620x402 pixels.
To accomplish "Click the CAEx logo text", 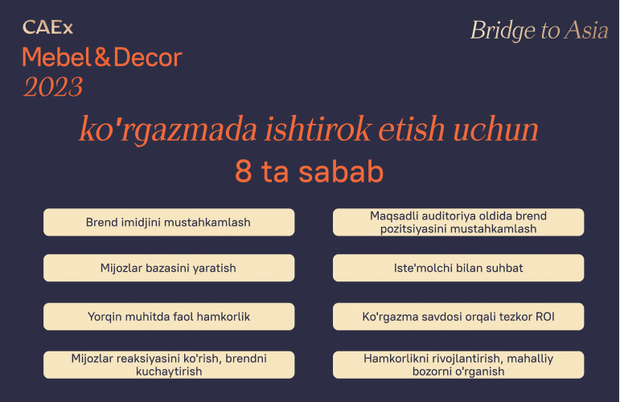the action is click(47, 27).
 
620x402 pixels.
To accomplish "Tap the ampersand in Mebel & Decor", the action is click(102, 57).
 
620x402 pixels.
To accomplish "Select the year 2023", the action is click(53, 87).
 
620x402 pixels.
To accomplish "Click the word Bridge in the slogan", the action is click(503, 31).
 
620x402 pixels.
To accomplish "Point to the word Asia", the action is click(586, 31).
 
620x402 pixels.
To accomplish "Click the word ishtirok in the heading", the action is click(318, 129).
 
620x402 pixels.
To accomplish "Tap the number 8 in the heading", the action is click(244, 171).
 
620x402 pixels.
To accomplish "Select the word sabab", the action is click(341, 171).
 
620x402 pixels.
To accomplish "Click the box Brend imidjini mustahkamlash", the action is click(169, 222).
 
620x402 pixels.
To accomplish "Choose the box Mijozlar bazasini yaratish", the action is click(169, 268).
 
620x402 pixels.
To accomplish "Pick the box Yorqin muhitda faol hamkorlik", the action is click(169, 317).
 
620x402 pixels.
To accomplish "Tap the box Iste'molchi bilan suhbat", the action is click(458, 268).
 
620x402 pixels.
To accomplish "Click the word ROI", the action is click(545, 317).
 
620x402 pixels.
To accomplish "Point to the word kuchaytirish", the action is click(169, 371).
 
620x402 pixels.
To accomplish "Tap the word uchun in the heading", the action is click(495, 129).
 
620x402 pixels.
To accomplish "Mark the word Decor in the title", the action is click(148, 57).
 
